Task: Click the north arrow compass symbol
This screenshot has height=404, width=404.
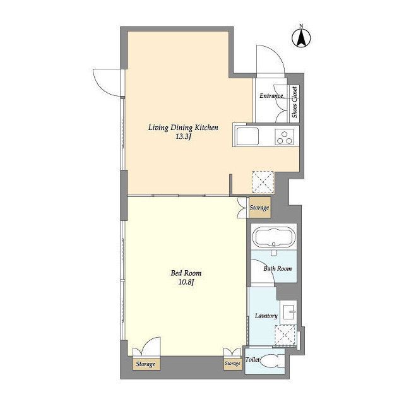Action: point(301,38)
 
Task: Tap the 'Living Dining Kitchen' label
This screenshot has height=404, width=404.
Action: point(183,128)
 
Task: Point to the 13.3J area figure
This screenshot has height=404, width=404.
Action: point(183,137)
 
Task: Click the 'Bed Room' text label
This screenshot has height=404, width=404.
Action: point(186,273)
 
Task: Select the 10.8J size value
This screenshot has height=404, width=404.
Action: point(186,282)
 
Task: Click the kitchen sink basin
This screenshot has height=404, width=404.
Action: point(248,136)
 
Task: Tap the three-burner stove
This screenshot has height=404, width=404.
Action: point(285,137)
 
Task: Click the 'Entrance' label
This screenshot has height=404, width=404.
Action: point(271,96)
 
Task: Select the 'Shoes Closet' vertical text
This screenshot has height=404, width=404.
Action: point(294,102)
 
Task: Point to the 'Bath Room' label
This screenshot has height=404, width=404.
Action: point(278,268)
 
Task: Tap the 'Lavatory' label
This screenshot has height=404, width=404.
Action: point(266,316)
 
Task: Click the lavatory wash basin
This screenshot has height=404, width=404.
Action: point(289,312)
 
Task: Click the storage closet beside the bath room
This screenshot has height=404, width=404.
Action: point(259,208)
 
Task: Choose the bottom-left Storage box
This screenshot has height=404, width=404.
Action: point(146,364)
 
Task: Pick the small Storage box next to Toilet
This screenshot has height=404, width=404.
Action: point(233,364)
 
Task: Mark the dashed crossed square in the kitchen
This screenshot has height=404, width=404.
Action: point(263,182)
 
